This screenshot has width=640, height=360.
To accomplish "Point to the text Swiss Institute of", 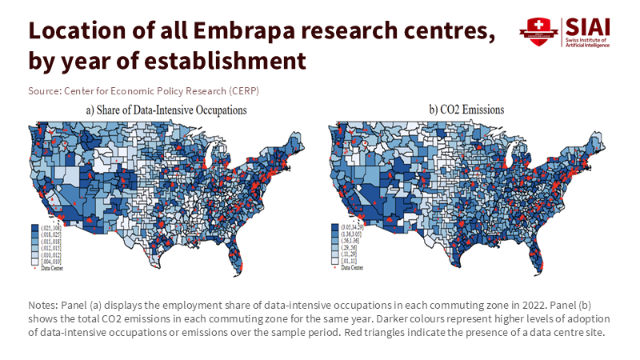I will tap(587, 40).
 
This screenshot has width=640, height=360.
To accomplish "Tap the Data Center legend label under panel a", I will tap(52, 269).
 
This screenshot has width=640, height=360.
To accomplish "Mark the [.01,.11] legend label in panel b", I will tap(350, 262).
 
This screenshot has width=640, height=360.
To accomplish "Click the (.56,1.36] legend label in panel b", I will tap(352, 242).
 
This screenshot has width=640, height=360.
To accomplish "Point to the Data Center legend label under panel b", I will tap(352, 268).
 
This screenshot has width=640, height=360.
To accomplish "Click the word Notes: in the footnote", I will tap(42, 306).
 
